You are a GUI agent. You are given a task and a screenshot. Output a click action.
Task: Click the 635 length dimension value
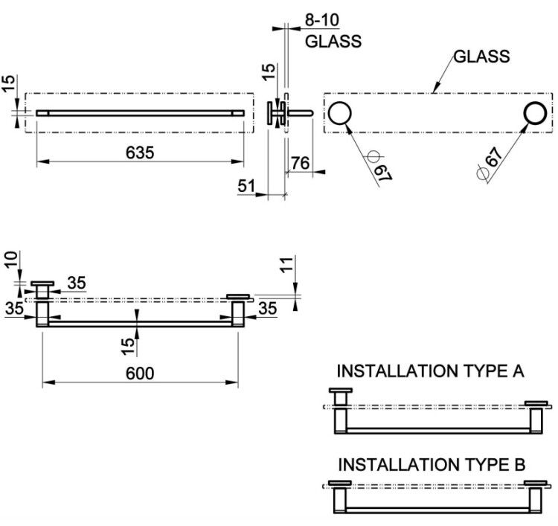coord(140,153)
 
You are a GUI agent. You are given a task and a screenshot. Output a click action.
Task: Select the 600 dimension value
coord(140,373)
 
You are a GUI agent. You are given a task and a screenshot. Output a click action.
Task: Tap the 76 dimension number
coord(301,163)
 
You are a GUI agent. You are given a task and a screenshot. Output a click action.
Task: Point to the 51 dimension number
coord(246,186)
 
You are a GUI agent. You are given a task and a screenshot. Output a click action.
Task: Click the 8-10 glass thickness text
coord(322,20)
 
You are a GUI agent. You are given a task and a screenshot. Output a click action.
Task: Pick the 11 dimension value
coord(287,264)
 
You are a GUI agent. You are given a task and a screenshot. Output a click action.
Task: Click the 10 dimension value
coord(11,260)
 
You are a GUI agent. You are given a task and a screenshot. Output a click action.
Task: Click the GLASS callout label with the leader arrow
coord(481,57)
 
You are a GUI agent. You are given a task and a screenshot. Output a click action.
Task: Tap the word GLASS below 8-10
coord(333,41)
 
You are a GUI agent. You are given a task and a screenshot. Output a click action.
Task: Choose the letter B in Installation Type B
coord(519,464)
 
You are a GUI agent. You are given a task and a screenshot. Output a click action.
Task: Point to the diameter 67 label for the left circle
coord(379,167)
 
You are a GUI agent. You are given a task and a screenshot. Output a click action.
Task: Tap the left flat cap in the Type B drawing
coord(340,483)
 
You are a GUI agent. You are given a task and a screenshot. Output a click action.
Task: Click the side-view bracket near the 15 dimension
coord(277,113)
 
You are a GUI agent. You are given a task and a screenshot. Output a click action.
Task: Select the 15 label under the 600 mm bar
coord(128,346)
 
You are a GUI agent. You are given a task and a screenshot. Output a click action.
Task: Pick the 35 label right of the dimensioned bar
coord(268,308)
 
